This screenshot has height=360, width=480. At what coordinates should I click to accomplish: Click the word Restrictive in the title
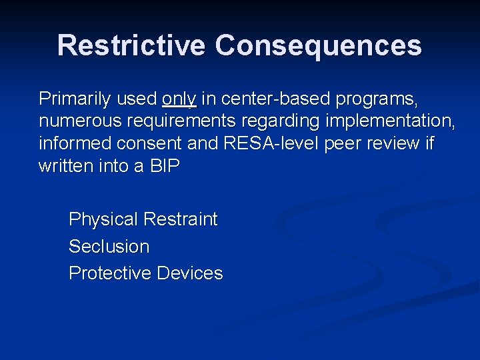click(x=132, y=46)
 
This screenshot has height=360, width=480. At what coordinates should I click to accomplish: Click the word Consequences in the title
click(x=319, y=46)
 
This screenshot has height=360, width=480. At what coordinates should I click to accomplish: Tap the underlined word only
click(x=179, y=99)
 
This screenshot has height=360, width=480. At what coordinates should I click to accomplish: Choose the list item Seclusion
click(x=109, y=247)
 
